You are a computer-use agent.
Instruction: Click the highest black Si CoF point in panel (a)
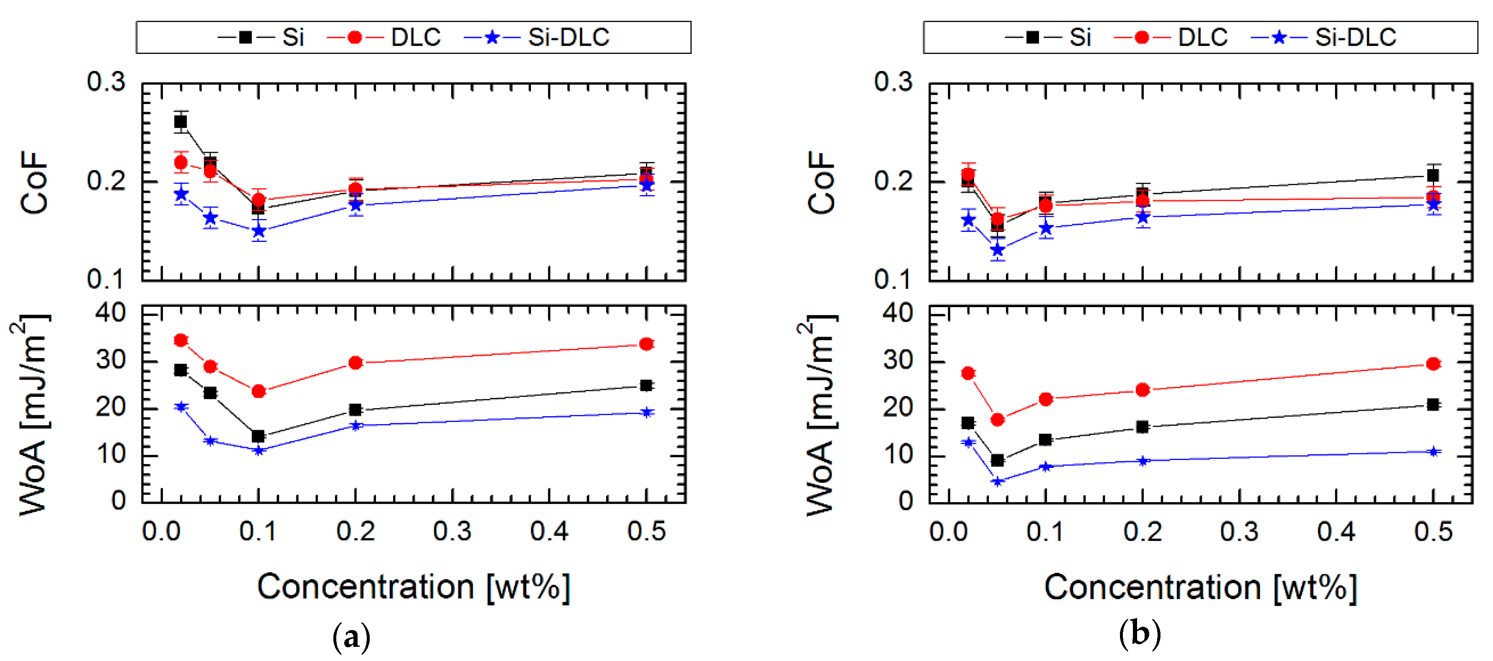tap(181, 122)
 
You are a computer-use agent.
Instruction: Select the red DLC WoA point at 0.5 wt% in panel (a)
tap(646, 344)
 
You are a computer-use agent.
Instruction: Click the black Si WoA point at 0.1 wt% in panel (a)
tap(259, 436)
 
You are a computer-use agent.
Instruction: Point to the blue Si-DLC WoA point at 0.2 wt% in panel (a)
tap(356, 426)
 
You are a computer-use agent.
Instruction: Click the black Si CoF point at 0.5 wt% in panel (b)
tap(1433, 175)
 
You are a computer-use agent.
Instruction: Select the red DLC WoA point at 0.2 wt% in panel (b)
tap(1143, 390)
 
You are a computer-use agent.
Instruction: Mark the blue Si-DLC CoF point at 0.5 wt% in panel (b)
tap(1433, 204)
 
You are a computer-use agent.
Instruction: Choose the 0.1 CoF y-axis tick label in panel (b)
tap(893, 280)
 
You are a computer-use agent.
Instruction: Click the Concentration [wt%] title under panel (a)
tap(414, 587)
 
